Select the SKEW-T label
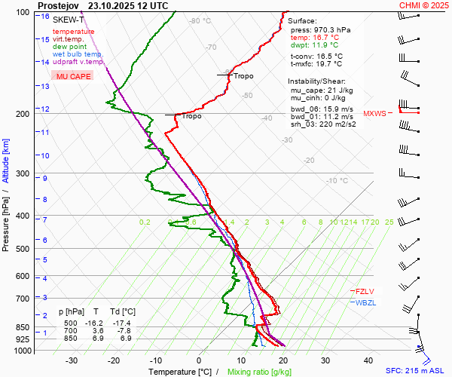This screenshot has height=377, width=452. [67, 20]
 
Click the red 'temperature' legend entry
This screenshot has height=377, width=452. [74, 32]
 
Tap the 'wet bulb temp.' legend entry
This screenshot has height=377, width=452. [78, 54]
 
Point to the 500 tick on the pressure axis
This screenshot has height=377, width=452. [25, 249]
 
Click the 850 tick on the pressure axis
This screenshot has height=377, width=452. [25, 327]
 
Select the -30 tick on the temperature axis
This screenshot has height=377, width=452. [72, 360]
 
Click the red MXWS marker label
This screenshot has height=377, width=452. [374, 114]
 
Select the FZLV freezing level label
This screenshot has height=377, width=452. [365, 291]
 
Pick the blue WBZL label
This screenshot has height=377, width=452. [365, 302]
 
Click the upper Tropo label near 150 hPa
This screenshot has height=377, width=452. [243, 76]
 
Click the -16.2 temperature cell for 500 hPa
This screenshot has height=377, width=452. [96, 322]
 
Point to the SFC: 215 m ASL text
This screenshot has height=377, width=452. [417, 371]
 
